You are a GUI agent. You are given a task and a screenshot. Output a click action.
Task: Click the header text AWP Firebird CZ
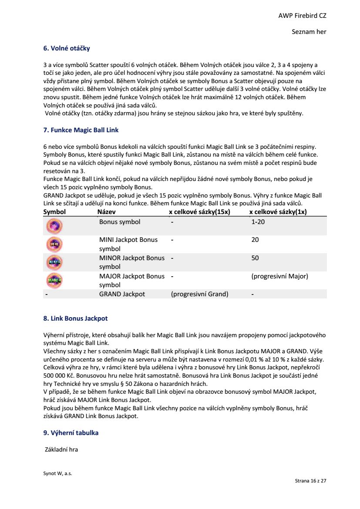(x=302, y=16)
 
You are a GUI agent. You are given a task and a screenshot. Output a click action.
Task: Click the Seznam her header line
(x=309, y=32)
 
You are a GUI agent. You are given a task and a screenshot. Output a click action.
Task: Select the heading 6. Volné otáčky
(x=67, y=48)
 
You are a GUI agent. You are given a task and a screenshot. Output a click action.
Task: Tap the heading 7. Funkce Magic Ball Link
(x=81, y=130)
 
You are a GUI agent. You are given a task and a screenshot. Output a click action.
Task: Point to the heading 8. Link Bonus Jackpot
(x=75, y=318)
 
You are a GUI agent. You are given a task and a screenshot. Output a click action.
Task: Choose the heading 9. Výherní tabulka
(x=71, y=433)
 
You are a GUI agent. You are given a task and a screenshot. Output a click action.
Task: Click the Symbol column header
(x=54, y=212)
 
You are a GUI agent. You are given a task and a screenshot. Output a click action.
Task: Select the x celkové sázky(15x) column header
(x=199, y=212)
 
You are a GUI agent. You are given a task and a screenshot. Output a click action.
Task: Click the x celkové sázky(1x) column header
(x=278, y=212)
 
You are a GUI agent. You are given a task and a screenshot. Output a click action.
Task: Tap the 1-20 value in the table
(x=258, y=222)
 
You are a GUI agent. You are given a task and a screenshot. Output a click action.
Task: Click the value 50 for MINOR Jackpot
(x=255, y=258)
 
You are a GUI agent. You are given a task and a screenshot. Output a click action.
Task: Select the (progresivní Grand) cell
(x=199, y=294)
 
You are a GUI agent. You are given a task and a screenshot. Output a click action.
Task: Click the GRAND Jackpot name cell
(x=122, y=294)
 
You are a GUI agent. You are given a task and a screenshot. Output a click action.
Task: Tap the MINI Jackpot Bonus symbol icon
(x=54, y=244)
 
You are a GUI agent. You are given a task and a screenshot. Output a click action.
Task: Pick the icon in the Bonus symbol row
(x=54, y=226)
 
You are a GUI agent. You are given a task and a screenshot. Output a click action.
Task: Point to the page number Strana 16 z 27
(x=310, y=481)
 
